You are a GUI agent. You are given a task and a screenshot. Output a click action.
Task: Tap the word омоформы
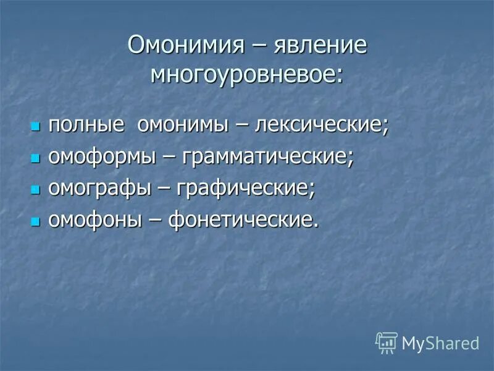(102, 156)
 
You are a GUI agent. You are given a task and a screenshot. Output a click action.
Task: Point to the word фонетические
(245, 221)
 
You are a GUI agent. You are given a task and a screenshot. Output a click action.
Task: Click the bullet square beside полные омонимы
(35, 126)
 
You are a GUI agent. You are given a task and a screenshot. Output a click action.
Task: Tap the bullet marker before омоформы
(35, 158)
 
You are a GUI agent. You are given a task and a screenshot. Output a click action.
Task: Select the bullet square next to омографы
(35, 190)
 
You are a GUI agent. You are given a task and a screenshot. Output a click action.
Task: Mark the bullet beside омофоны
(35, 222)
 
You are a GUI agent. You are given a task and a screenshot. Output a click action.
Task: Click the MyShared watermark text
(440, 343)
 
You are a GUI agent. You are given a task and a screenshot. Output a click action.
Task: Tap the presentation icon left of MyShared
(387, 342)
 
